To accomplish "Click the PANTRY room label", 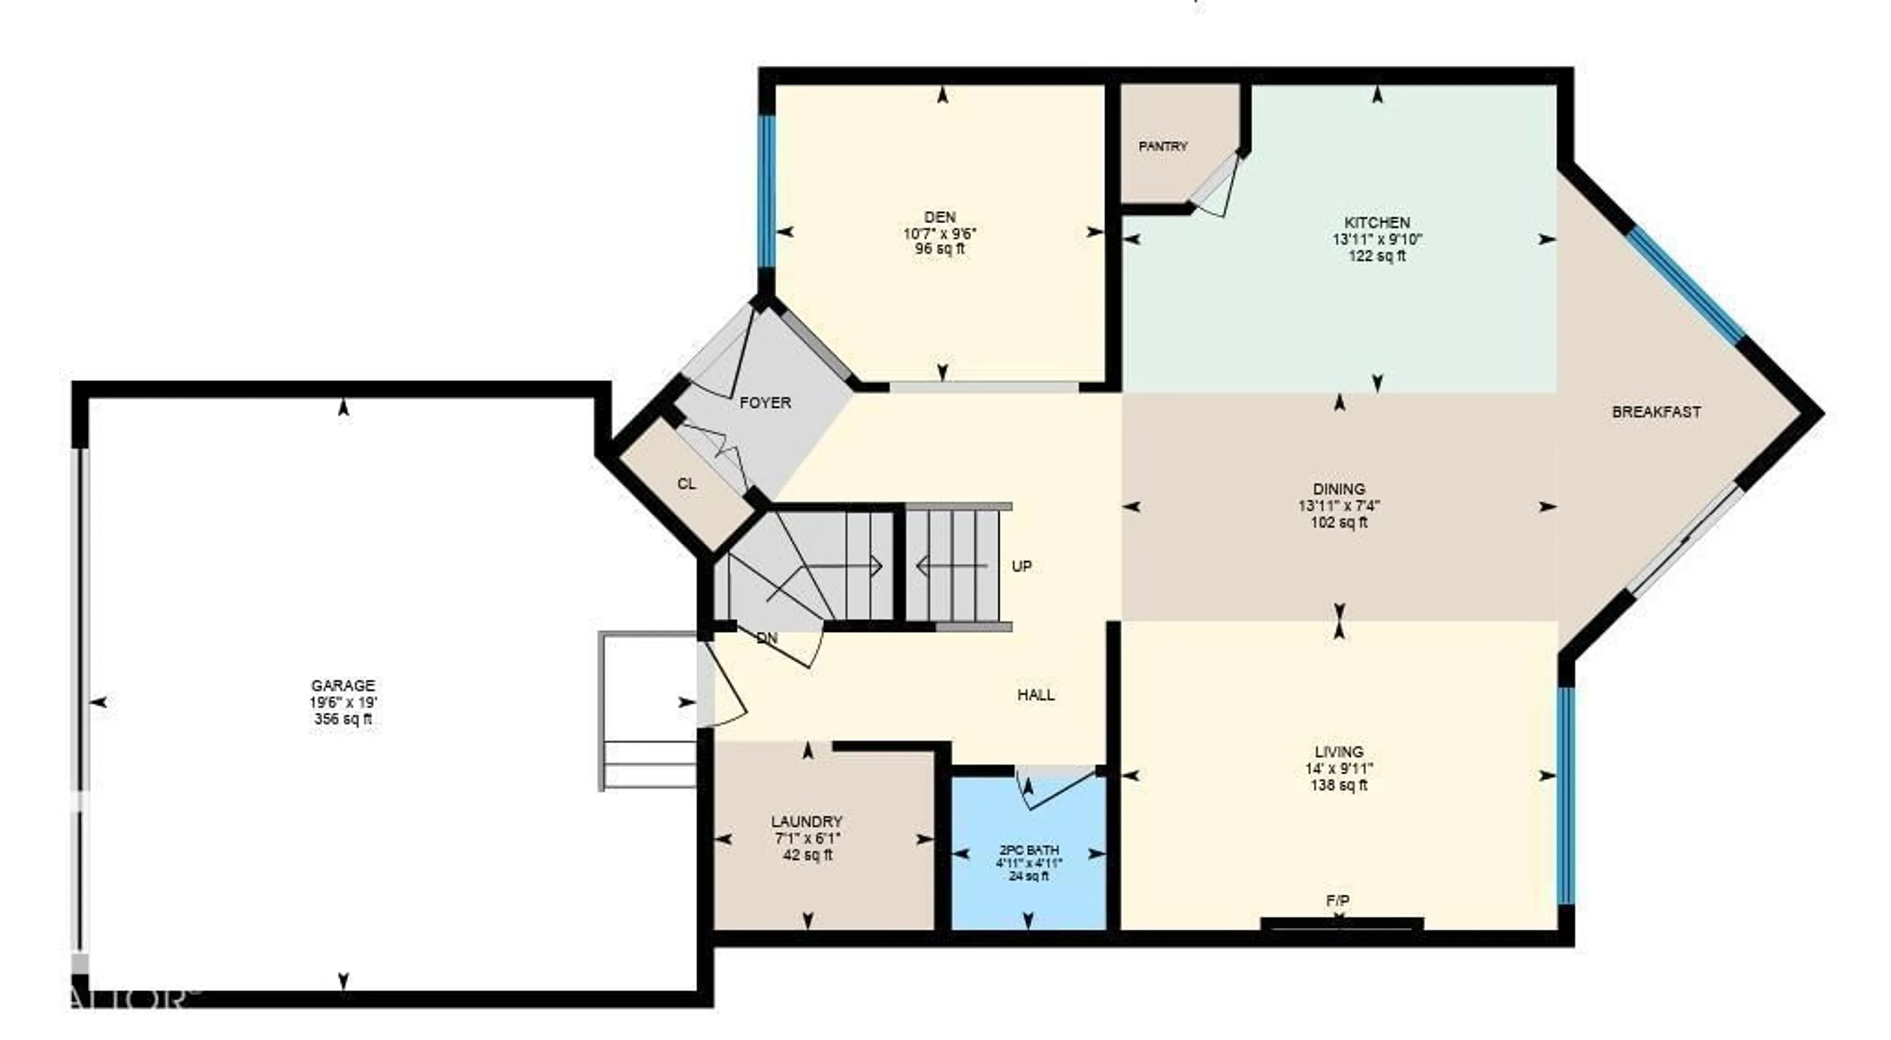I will [x=1162, y=147].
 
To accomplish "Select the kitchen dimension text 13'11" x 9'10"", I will [x=1377, y=239].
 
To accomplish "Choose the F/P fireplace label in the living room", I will [x=1337, y=901].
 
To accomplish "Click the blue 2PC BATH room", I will [x=1028, y=881].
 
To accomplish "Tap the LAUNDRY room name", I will [x=807, y=821].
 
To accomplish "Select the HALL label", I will [x=1036, y=694].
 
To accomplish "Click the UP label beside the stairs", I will [x=1021, y=566].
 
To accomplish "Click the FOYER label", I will [x=765, y=403].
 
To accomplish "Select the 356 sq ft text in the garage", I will [x=343, y=719].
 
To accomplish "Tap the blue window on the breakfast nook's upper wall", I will [x=1685, y=286].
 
